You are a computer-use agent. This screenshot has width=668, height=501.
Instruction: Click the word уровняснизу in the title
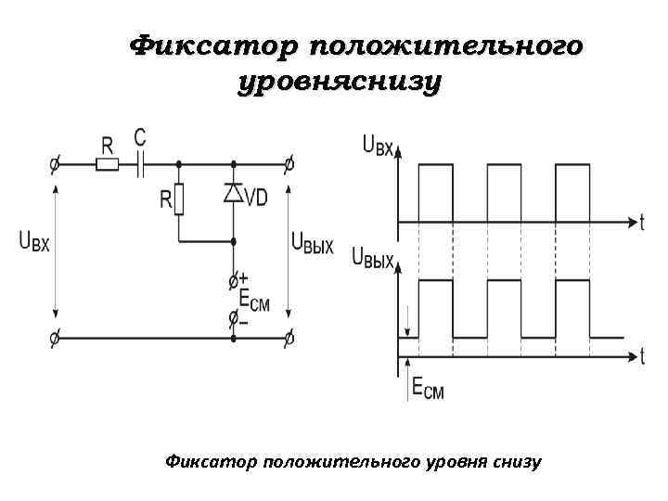coord(339,83)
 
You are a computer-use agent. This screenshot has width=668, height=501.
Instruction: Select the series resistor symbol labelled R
coord(108,165)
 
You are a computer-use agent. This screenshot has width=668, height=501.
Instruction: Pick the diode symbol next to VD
coord(233,193)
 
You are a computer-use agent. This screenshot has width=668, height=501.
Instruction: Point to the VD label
coord(255,197)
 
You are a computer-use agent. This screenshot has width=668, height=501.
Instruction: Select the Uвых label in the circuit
coord(312,243)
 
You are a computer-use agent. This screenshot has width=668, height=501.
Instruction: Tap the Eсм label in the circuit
coord(254,302)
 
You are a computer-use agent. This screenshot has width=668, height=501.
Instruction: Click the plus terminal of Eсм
coord(233,279)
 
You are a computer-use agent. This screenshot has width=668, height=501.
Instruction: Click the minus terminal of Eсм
coord(233,319)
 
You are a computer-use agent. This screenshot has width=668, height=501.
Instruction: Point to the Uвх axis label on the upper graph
coord(378,146)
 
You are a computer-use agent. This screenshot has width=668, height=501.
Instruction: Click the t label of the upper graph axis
coord(642,222)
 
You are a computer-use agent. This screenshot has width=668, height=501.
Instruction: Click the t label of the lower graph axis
coord(642,355)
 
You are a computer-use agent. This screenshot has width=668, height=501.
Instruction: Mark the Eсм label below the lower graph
coord(427,391)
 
